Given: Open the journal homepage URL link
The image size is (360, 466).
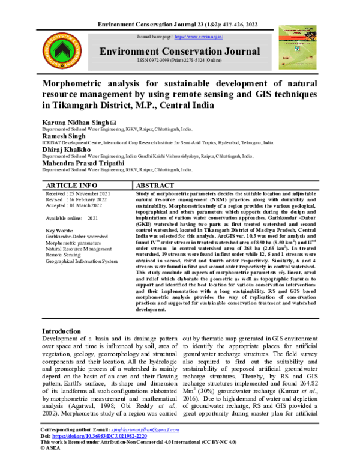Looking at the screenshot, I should tap(198, 37).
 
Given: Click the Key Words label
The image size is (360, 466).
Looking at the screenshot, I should tap(59, 231).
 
